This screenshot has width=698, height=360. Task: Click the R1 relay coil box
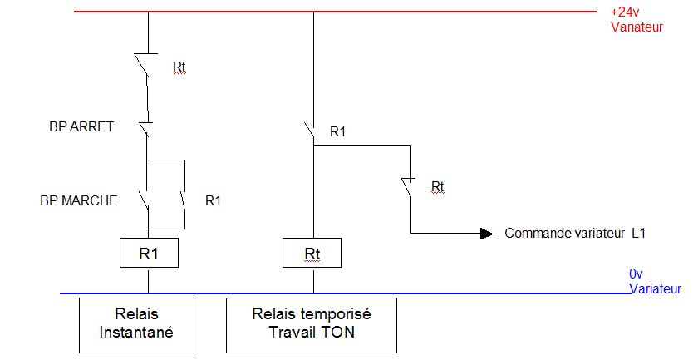(147, 253)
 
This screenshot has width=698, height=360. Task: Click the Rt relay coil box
(312, 254)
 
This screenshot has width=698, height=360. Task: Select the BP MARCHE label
(79, 200)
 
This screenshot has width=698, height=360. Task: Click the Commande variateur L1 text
(575, 234)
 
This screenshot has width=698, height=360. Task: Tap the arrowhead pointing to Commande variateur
(486, 234)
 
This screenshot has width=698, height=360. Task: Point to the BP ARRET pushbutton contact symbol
(145, 129)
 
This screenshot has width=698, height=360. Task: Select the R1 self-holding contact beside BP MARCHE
(180, 203)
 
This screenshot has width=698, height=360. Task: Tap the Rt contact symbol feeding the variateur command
(406, 188)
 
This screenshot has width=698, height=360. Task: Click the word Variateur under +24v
(637, 27)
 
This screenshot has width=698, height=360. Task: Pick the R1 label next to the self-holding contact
(214, 200)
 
